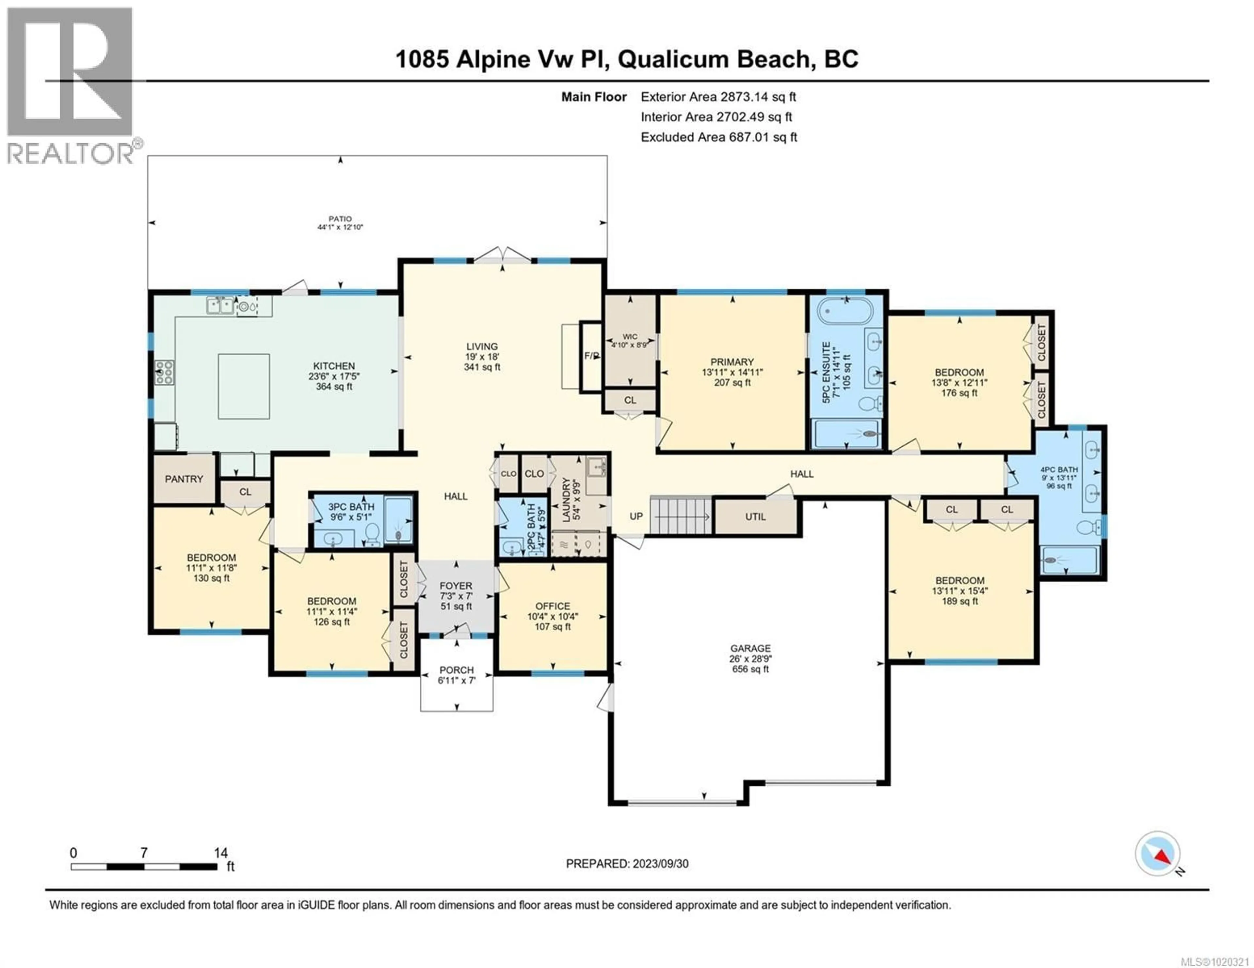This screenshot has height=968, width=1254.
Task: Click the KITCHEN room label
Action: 334,365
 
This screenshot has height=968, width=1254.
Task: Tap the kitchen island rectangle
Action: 244,386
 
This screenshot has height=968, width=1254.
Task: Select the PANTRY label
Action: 184,479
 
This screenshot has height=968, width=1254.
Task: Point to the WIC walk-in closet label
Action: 630,337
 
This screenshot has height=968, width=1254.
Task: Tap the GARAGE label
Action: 750,648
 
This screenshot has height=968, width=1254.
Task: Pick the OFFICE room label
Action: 552,606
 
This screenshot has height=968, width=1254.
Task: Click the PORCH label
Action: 457,669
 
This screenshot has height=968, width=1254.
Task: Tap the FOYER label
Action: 456,586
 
